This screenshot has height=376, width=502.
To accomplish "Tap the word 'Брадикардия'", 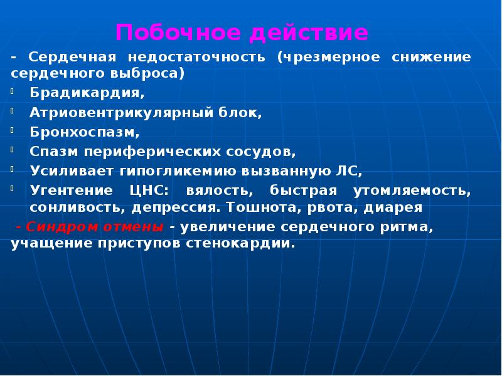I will pos(87,93).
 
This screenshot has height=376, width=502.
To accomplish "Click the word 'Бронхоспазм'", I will pos(84,132).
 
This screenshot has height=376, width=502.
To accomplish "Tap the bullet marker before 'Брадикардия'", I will pos(13,93).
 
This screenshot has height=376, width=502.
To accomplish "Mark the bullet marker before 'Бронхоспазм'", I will pos(13,132).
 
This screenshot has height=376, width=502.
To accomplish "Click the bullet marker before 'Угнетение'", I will pos(13,189).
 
